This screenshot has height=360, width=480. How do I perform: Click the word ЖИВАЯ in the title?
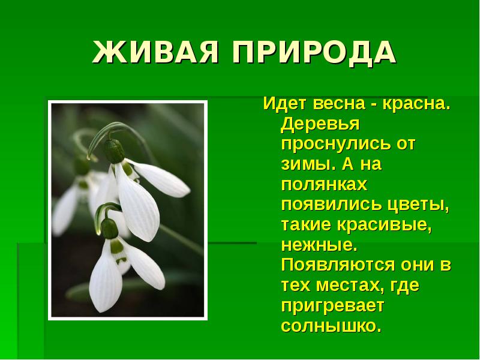(x=155, y=52)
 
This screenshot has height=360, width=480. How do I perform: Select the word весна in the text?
(x=339, y=104)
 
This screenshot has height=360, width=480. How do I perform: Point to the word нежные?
(x=319, y=245)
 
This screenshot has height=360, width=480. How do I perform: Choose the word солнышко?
(x=332, y=326)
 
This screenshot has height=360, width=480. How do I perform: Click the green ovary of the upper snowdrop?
(x=114, y=151)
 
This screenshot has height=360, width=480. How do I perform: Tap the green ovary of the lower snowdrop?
(x=109, y=229)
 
